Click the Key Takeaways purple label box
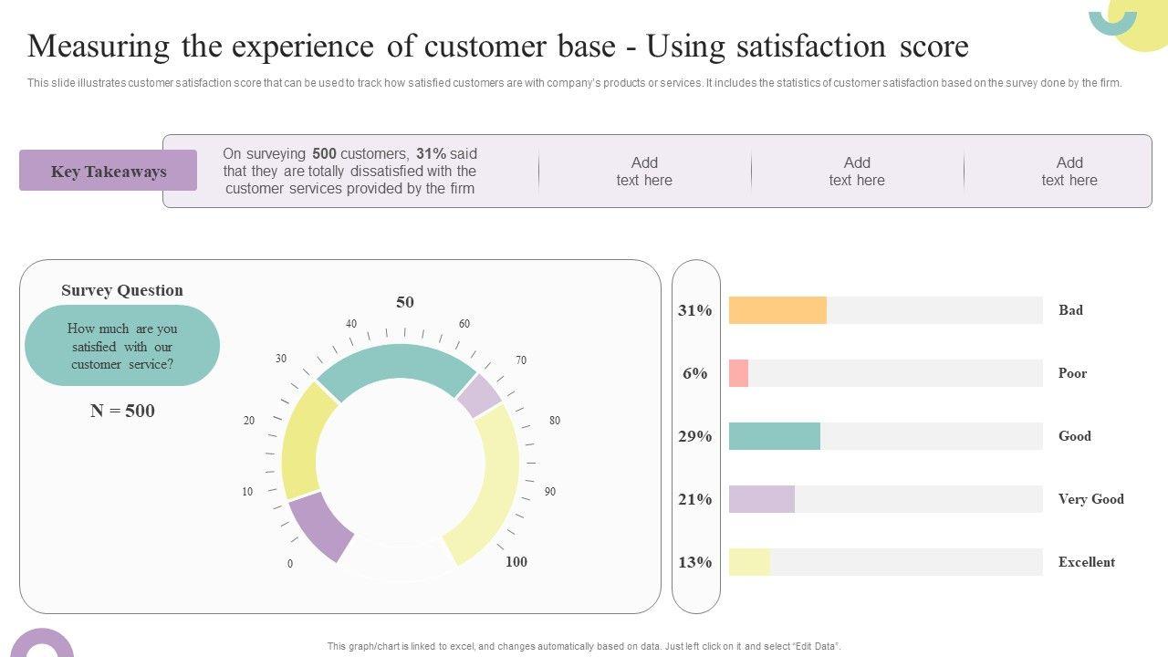[108, 171]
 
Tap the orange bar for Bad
[777, 310]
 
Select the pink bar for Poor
[738, 373]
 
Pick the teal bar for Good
[774, 436]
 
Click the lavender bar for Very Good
[761, 499]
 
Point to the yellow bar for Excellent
[749, 562]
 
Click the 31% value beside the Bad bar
[694, 310]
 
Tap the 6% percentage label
[694, 373]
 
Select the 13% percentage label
[694, 562]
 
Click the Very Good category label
[1090, 499]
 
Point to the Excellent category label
[1086, 562]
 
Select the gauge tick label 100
[516, 562]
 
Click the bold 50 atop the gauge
[404, 302]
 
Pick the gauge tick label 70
[521, 360]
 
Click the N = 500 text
[122, 411]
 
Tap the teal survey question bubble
[122, 346]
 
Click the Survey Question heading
[122, 290]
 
